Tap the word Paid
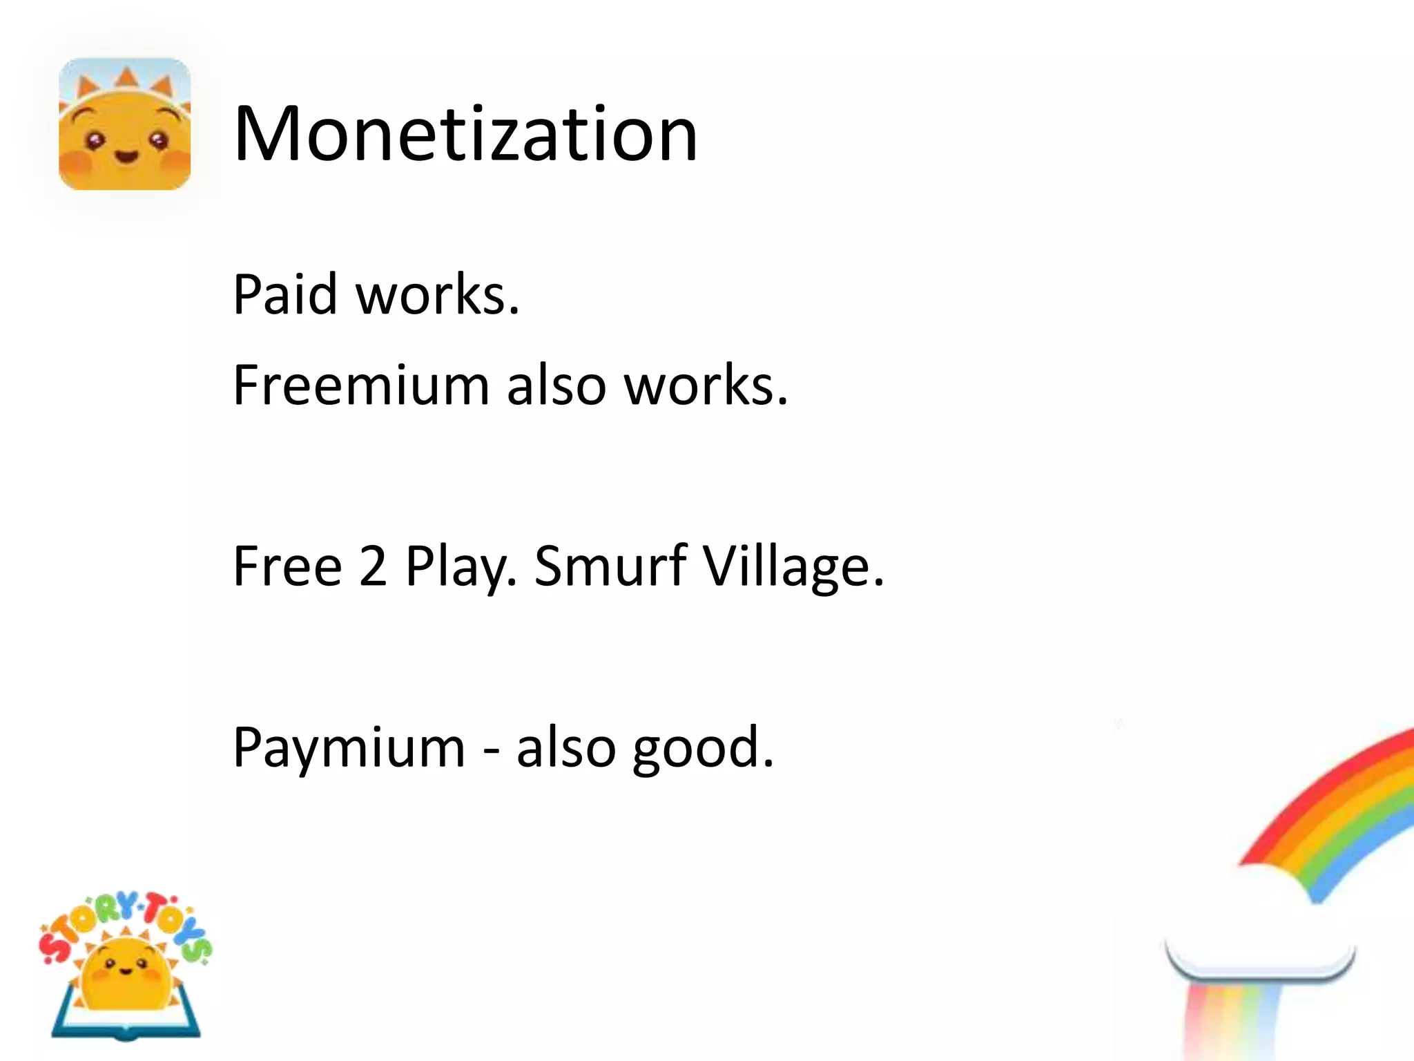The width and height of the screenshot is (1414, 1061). [x=284, y=295]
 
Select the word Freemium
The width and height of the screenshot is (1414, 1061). [x=361, y=385]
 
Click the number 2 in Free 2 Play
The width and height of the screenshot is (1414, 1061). [x=373, y=566]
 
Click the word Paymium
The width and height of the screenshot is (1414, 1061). [x=349, y=748]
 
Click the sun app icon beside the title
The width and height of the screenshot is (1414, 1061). [x=125, y=124]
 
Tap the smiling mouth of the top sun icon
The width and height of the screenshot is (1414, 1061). [x=126, y=156]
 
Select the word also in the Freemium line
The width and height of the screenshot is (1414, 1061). [x=556, y=385]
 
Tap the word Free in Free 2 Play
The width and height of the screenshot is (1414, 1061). [x=287, y=566]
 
